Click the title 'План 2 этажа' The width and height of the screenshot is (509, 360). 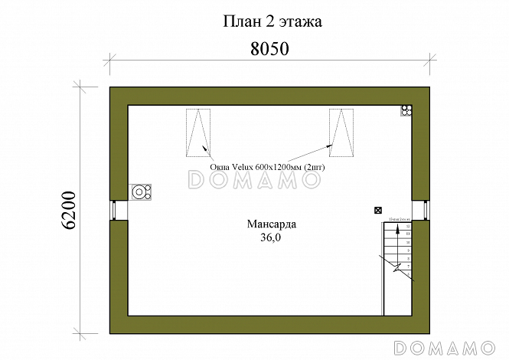coord(272,21)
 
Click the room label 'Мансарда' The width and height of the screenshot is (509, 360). coord(271,224)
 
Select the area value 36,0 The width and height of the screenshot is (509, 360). coord(271,238)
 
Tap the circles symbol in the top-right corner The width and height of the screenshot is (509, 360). coord(406,110)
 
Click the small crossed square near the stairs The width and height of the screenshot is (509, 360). coord(377,210)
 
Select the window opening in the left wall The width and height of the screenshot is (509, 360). coord(119,210)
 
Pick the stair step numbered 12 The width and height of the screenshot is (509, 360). coord(408,227)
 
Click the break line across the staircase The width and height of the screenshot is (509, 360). coord(397,267)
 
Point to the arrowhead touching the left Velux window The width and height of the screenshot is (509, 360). coord(204,148)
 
